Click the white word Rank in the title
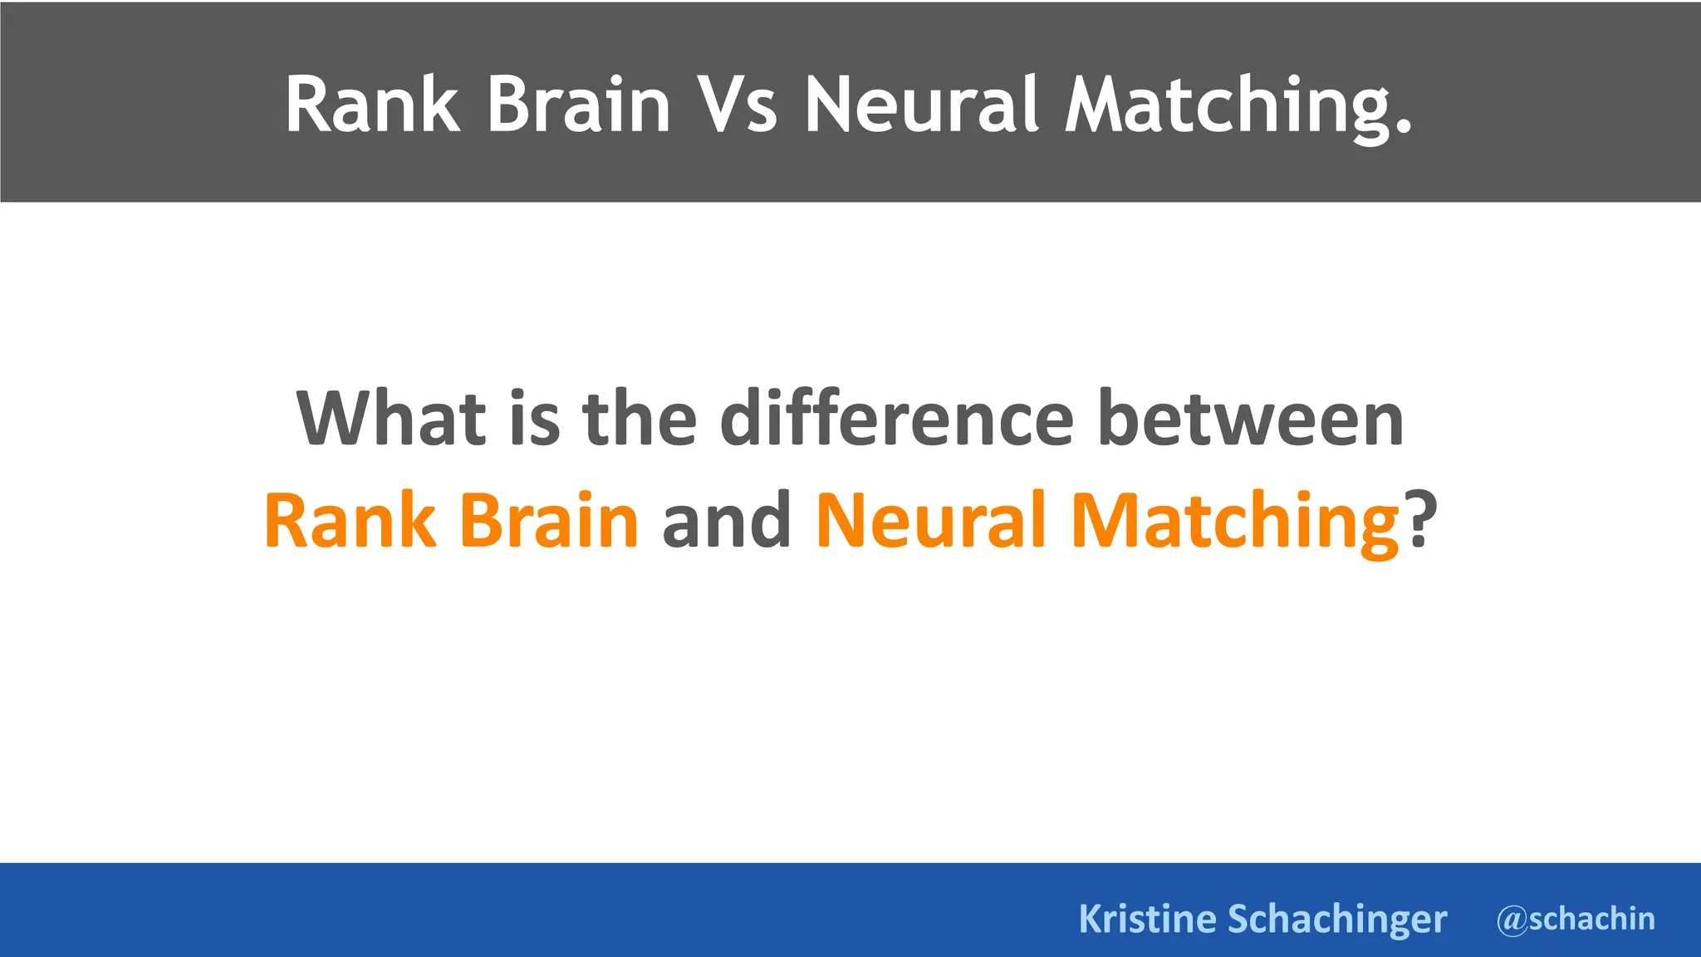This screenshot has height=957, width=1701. coord(371,105)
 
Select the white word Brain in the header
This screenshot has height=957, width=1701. coord(578,105)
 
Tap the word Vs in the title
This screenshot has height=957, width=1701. coord(738,105)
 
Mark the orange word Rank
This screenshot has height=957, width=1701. coord(350,520)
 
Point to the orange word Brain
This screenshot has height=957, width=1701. coord(548,520)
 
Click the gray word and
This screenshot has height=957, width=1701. coord(727,520)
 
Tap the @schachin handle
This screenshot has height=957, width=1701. coord(1576,919)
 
